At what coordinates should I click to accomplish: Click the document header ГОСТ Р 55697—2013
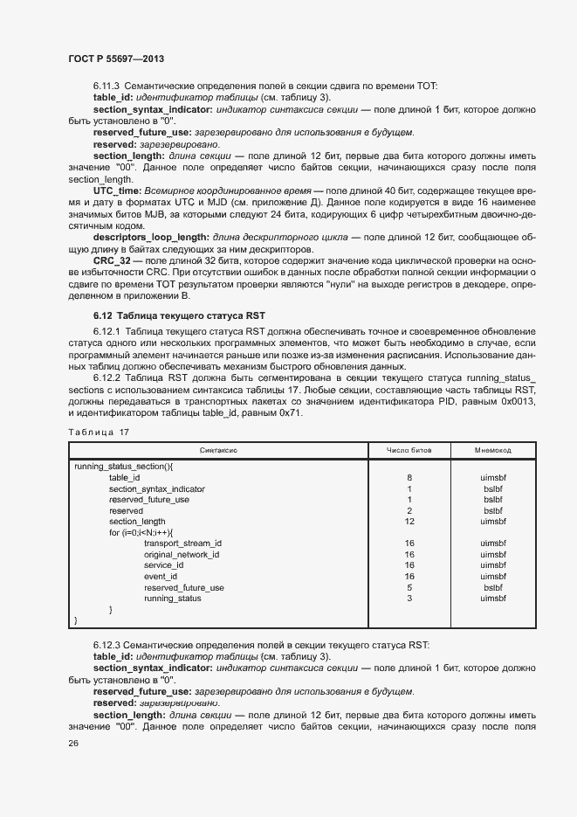[x=115, y=59]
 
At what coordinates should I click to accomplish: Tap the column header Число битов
[x=409, y=450]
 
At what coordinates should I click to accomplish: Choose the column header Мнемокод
[x=493, y=450]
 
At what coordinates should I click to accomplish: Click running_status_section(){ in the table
[x=124, y=467]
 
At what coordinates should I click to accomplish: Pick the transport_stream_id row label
[x=182, y=544]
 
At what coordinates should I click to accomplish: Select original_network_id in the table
[x=182, y=555]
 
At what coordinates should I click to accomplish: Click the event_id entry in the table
[x=161, y=577]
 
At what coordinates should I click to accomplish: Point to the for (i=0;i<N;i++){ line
[x=141, y=532]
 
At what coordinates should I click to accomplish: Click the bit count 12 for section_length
[x=409, y=522]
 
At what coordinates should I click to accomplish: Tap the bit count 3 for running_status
[x=409, y=599]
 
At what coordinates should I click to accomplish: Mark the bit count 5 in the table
[x=409, y=587]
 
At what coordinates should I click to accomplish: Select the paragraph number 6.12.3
[x=108, y=646]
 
